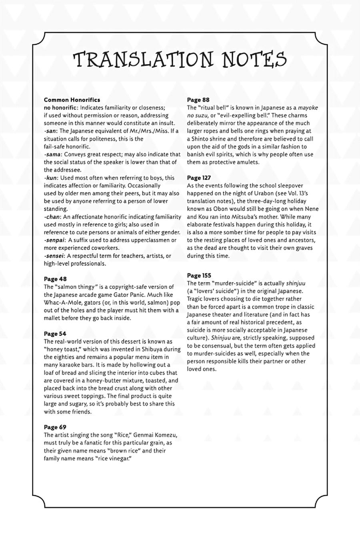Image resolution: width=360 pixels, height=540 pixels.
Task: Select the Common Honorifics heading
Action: (x=72, y=100)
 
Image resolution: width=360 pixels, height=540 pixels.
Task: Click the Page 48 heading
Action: (x=55, y=279)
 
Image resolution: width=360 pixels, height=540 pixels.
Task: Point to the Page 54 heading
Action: (x=55, y=334)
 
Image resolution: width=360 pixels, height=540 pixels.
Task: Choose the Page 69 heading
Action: (x=55, y=427)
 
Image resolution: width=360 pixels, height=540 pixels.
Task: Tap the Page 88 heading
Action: (x=198, y=100)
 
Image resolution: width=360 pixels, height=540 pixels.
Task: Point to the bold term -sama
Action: (x=52, y=154)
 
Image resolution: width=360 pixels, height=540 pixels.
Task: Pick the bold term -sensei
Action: (x=54, y=256)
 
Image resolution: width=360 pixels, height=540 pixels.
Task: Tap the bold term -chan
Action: (x=52, y=217)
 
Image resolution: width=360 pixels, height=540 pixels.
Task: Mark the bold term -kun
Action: (x=51, y=178)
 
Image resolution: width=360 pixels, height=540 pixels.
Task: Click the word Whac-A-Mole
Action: (x=61, y=302)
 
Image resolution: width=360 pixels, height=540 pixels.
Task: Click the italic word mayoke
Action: (x=308, y=108)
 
